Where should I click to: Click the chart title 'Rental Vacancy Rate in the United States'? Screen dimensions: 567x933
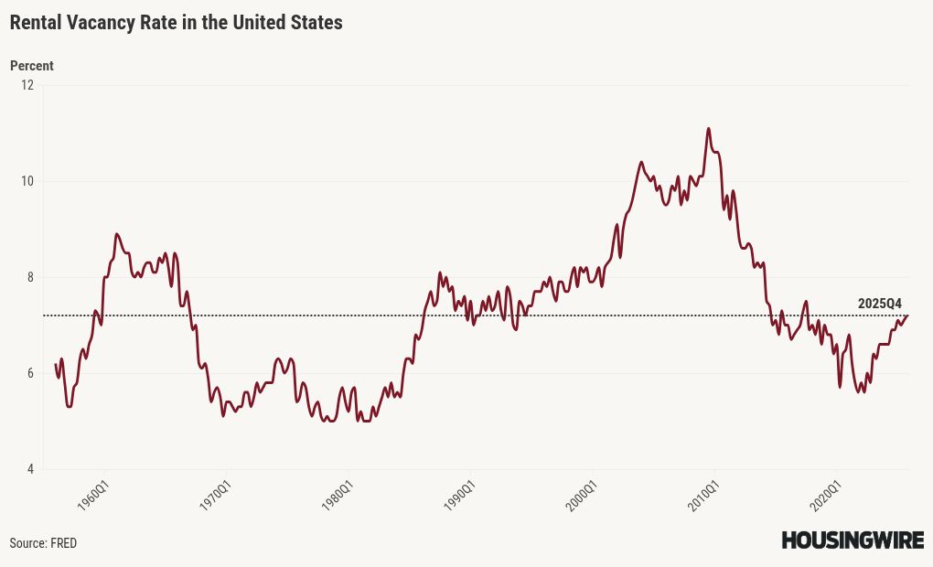(176, 23)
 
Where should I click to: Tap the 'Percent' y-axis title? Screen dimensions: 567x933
(31, 66)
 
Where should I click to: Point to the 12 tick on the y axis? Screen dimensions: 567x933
(27, 85)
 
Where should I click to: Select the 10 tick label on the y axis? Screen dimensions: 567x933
(27, 181)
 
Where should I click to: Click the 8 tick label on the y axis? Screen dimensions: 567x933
(28, 277)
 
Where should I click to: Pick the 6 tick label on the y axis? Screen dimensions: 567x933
(28, 373)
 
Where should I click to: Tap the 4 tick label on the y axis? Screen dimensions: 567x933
(28, 469)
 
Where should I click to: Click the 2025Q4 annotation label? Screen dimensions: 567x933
(879, 304)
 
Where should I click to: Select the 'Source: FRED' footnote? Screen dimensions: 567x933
(43, 543)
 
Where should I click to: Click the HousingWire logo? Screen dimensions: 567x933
(853, 540)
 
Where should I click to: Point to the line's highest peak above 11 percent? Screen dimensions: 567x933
(709, 128)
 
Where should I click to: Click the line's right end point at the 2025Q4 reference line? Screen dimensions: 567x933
(908, 316)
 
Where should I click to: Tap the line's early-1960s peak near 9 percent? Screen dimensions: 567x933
(117, 234)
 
